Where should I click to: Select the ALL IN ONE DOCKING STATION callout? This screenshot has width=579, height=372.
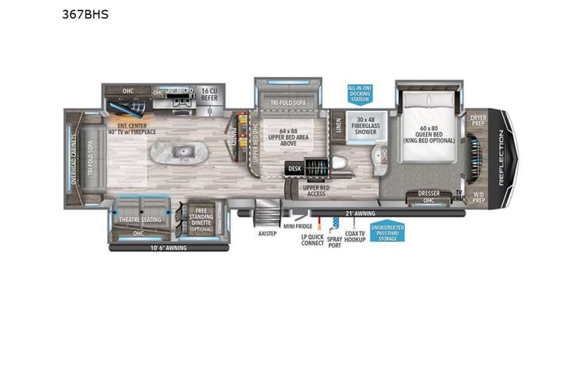pos(360,92)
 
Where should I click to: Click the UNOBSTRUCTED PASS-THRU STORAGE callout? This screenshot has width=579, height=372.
pos(387,231)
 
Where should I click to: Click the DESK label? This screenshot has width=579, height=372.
pos(295,168)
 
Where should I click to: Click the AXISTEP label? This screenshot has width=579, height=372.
pos(266,235)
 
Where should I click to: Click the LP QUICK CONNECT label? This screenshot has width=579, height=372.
pos(313,240)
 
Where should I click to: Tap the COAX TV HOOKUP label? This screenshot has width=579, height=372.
pos(356,236)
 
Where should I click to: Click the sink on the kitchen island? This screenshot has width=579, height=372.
pos(184,151)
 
